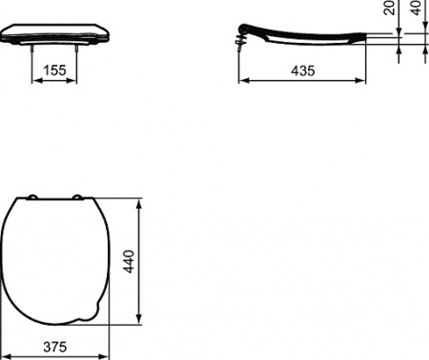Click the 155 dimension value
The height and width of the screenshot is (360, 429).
coord(53,70)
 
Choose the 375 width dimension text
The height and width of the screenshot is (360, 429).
coord(57,348)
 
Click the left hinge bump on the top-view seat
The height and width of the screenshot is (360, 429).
coord(33,196)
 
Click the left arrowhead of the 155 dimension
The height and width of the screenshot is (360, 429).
coord(36,81)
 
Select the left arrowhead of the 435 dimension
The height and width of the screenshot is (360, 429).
coord(241,81)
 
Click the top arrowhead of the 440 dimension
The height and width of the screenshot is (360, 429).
coord(142,203)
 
